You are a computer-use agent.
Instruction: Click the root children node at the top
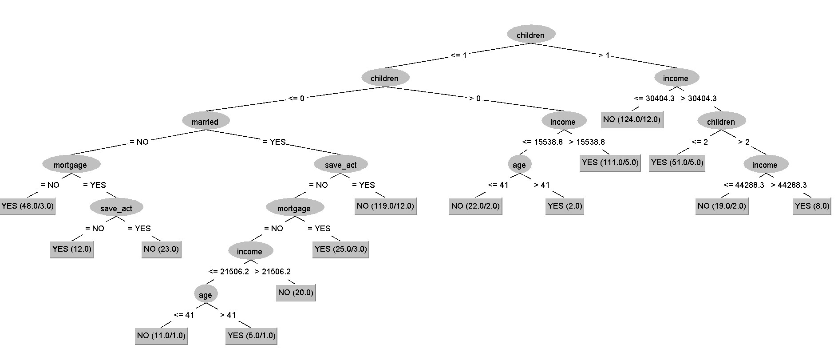coord(530,35)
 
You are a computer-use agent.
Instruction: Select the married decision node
coord(205,122)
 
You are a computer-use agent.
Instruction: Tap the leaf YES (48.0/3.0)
coord(28,206)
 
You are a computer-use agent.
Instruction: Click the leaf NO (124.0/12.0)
coord(632,119)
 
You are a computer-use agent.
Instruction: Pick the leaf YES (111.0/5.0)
coord(610,162)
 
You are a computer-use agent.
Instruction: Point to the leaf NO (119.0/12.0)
coord(385,206)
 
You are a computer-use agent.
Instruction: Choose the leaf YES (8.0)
coord(812,206)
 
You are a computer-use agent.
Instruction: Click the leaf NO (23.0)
coord(161,249)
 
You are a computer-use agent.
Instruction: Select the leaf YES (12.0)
coord(72,249)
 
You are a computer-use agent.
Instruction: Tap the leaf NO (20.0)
coord(296,293)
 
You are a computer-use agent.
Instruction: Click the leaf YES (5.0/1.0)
coord(251,336)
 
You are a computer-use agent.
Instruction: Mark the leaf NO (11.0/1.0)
coord(161,336)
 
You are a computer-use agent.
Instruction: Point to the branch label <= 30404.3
coord(654,99)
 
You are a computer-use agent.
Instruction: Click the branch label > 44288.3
coord(789,185)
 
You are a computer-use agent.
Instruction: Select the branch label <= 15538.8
coord(542,142)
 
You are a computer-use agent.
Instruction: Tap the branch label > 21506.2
coord(273,272)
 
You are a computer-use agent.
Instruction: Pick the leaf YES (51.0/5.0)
coord(677,162)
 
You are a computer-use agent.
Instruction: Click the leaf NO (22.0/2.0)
coord(475,206)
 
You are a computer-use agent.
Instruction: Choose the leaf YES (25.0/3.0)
coord(340,249)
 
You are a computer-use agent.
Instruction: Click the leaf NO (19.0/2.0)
coord(722,206)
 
